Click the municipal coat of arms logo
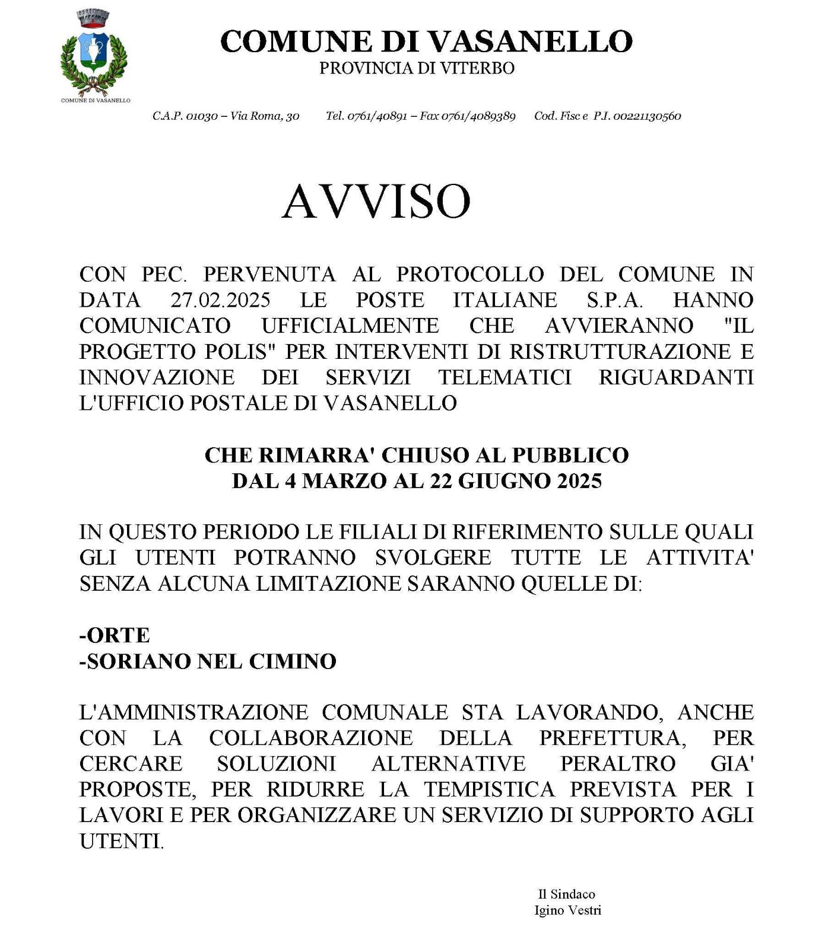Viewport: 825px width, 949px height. (x=94, y=51)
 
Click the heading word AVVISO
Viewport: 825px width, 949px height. (x=376, y=202)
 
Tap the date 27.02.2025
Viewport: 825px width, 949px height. (x=221, y=300)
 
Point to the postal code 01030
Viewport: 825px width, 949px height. (x=202, y=116)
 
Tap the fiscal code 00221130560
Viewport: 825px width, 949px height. (x=647, y=116)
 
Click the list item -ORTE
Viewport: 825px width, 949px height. (x=115, y=635)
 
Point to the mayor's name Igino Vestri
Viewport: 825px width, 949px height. (x=567, y=910)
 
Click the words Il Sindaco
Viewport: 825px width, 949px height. (x=566, y=894)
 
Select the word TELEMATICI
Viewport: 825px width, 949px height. (x=505, y=377)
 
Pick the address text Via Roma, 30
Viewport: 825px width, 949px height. (x=265, y=116)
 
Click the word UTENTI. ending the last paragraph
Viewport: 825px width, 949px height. (x=122, y=841)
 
